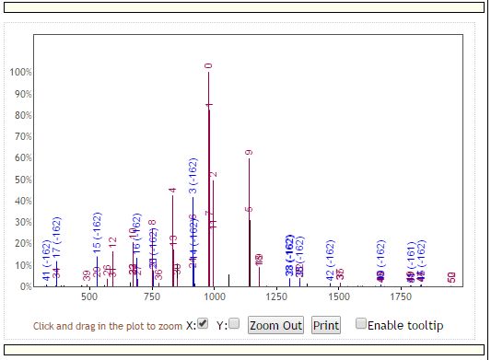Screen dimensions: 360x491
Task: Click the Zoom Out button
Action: click(275, 325)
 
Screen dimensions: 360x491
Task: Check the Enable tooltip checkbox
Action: click(361, 324)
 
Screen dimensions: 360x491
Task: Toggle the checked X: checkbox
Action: click(203, 324)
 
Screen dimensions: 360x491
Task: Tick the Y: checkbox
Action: click(234, 324)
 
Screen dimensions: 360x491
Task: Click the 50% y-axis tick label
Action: click(21, 180)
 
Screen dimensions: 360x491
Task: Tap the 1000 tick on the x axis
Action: click(215, 298)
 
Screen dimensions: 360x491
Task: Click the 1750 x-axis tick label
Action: click(402, 298)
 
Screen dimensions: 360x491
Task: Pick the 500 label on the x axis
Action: click(89, 298)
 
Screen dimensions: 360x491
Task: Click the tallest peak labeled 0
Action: click(208, 65)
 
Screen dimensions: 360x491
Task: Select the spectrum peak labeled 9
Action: click(249, 152)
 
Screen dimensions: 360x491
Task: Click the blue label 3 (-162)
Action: click(193, 177)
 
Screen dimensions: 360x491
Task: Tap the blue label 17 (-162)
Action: click(56, 237)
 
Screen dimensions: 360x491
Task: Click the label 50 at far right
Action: click(451, 277)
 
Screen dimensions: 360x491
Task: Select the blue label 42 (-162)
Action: click(330, 260)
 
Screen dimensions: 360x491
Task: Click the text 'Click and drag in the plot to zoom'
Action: click(108, 326)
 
